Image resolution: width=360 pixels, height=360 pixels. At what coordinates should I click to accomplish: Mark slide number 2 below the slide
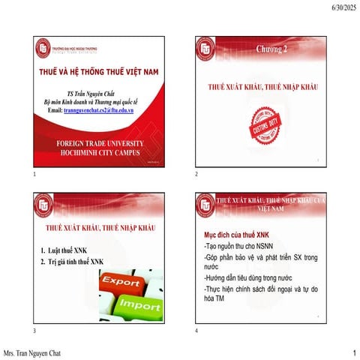tap(196, 174)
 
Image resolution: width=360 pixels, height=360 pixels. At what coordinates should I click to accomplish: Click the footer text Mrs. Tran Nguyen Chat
tap(34, 352)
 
